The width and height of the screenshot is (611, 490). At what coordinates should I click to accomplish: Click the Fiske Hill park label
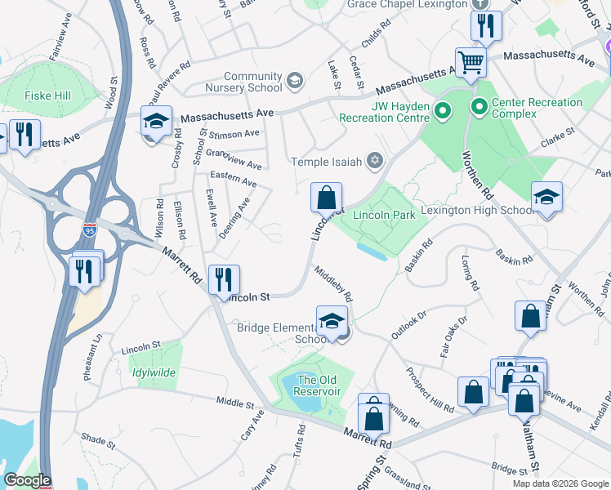click(47, 96)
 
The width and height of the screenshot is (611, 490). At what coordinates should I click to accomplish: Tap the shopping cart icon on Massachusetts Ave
click(471, 62)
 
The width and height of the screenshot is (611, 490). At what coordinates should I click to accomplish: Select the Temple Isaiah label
click(327, 161)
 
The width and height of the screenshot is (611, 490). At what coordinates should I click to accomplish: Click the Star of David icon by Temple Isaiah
click(375, 159)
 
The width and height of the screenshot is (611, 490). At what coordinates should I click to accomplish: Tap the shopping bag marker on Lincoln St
click(326, 198)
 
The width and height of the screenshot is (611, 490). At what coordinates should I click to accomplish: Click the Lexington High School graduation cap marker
click(546, 197)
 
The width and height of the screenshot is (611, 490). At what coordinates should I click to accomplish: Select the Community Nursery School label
click(242, 82)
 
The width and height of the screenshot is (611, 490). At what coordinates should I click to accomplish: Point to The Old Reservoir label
click(318, 385)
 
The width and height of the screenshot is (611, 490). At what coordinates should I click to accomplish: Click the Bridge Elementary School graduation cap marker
click(332, 321)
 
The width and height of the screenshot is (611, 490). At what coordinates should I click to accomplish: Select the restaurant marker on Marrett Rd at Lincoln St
click(223, 280)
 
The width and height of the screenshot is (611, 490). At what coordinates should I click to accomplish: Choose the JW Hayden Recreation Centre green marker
click(442, 109)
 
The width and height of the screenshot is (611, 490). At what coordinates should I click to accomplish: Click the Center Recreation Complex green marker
click(479, 106)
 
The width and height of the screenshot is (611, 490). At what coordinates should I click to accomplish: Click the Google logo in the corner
click(27, 480)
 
